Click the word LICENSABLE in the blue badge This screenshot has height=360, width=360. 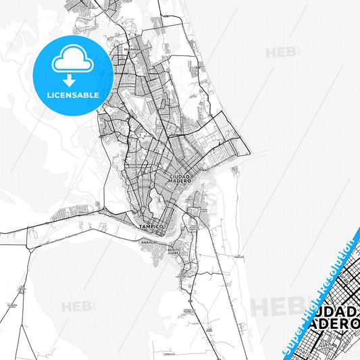click(x=73, y=95)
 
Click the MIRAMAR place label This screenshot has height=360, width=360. click(x=132, y=49)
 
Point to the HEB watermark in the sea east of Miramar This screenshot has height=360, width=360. click(x=279, y=52)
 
